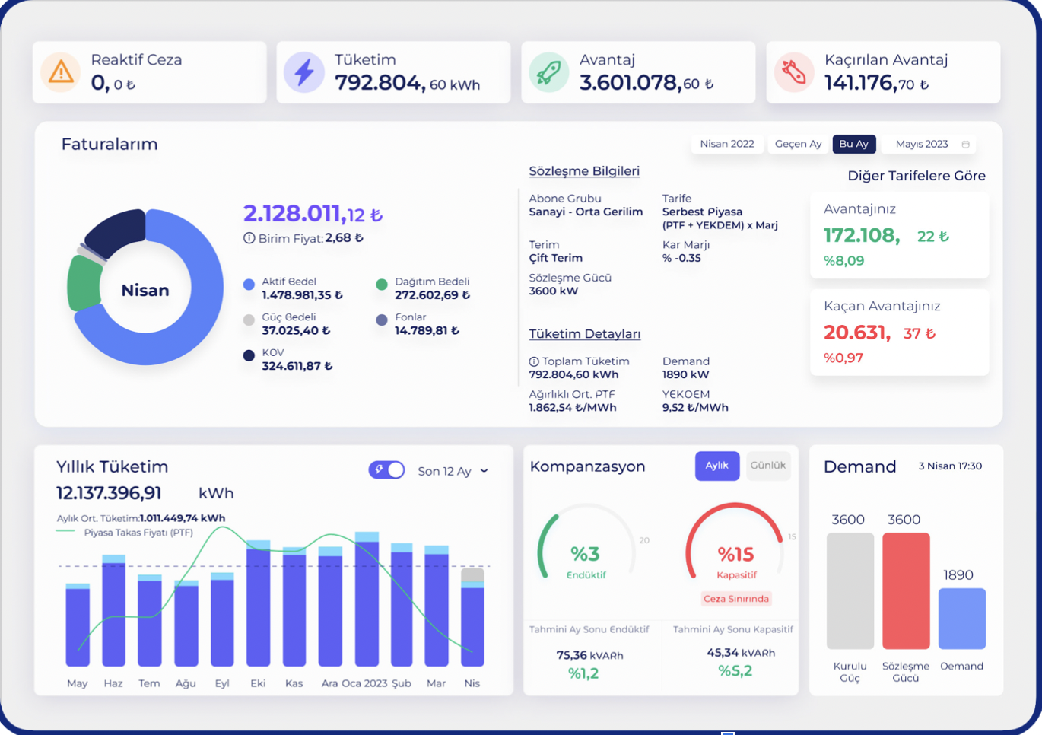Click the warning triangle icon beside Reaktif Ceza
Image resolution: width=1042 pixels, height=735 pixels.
click(61, 72)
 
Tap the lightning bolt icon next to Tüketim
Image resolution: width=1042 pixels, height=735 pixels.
click(304, 72)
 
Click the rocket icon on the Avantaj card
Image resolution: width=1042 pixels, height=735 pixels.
click(548, 72)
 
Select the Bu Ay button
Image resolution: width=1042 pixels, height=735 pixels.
click(853, 144)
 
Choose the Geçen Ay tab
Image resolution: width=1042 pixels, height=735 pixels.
click(798, 144)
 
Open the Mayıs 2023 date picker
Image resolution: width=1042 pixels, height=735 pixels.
click(931, 144)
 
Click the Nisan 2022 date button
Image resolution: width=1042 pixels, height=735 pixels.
click(726, 144)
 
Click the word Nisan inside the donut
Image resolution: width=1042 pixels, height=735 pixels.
click(145, 290)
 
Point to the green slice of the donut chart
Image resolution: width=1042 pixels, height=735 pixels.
click(83, 283)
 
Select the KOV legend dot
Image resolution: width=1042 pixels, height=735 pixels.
click(249, 355)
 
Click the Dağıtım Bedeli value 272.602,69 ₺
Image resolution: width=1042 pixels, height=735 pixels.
click(432, 295)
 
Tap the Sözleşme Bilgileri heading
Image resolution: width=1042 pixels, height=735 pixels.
click(584, 171)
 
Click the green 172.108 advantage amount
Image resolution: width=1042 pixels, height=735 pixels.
click(862, 236)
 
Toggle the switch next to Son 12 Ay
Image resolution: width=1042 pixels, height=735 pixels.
click(387, 470)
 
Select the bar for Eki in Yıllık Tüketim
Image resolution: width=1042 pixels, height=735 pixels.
click(258, 605)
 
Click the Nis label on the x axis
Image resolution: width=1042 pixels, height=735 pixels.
click(472, 683)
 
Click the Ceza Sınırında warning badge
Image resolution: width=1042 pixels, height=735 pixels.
click(735, 599)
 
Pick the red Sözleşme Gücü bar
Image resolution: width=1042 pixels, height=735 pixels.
click(906, 590)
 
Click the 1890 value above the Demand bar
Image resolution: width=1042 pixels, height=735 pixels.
click(958, 575)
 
